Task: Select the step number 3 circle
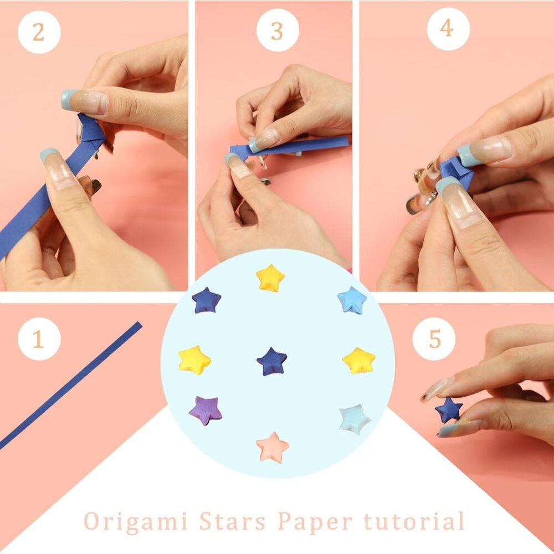point(277,30)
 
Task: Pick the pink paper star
point(273,447)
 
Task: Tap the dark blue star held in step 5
point(448,411)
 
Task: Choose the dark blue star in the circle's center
point(272,362)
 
